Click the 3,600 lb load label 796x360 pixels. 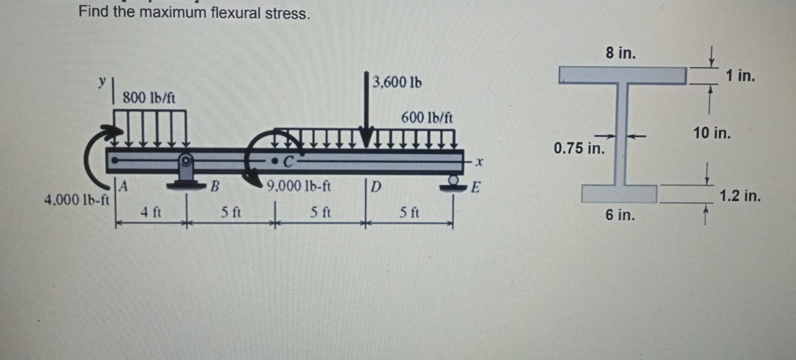397,82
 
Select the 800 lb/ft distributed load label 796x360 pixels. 149,98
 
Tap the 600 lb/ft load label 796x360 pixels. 427,118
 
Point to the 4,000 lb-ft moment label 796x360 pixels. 76,200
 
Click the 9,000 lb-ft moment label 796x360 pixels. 298,186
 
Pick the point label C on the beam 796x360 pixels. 288,162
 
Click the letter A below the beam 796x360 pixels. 123,187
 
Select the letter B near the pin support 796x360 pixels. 214,186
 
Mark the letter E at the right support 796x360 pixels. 475,187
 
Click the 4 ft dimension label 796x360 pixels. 150,213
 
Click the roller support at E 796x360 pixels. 454,182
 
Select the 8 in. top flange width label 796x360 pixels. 620,53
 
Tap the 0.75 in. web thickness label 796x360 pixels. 579,148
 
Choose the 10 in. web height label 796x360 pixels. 712,133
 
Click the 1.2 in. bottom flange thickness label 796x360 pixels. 740,196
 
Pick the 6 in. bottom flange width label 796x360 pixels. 620,215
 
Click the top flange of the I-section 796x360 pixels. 622,75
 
